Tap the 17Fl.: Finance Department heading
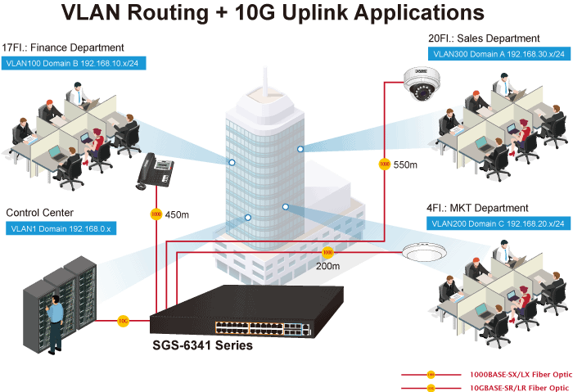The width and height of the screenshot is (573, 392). click(64, 47)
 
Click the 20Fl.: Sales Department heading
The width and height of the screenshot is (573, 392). click(484, 38)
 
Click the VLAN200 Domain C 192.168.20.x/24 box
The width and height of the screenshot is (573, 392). click(498, 223)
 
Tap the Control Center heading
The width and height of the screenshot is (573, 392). click(40, 213)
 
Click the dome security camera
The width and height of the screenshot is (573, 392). click(422, 84)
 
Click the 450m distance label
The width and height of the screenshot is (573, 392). click(177, 215)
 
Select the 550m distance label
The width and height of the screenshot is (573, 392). click(405, 165)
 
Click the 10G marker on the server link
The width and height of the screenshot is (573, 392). click(123, 320)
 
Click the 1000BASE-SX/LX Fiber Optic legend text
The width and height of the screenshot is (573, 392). click(519, 375)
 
